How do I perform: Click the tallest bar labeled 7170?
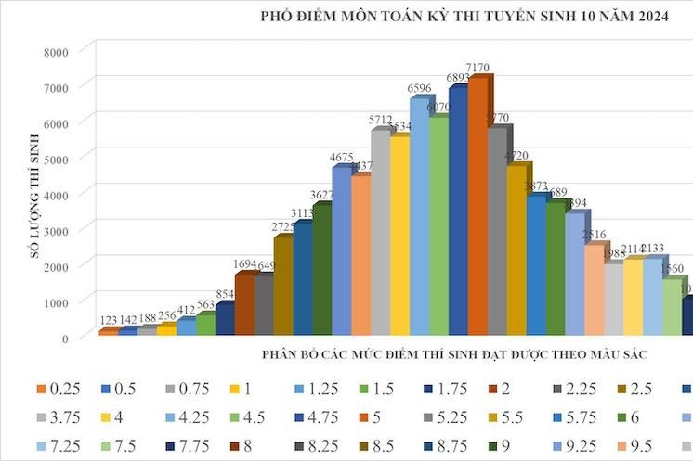(477, 204)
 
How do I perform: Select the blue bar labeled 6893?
(457, 209)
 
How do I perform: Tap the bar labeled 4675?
(341, 250)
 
